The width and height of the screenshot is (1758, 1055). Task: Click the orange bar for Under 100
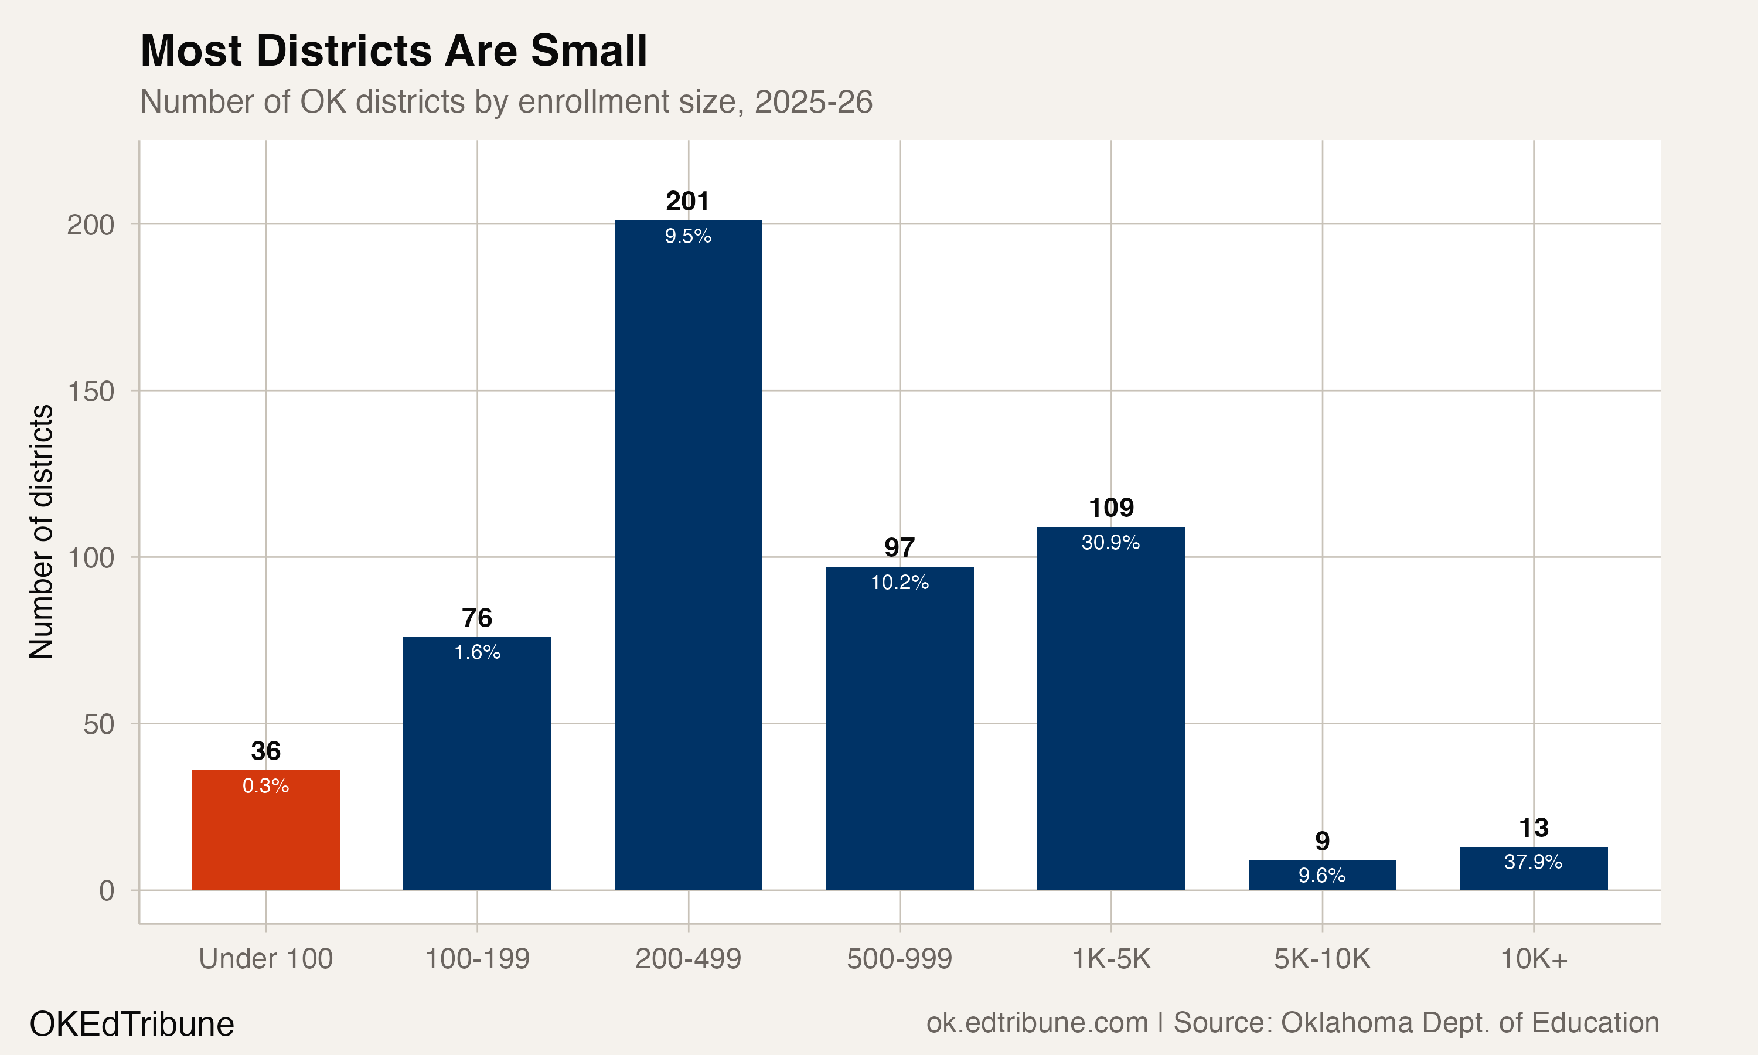(266, 839)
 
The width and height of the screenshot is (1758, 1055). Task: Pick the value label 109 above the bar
(1112, 508)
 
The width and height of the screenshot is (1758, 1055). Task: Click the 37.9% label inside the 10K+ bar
(1533, 862)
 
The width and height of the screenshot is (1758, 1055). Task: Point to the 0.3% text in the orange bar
(266, 785)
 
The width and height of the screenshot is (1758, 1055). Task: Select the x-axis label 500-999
(899, 959)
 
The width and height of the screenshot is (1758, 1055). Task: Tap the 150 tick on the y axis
(90, 391)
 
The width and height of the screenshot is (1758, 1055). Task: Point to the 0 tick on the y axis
(107, 890)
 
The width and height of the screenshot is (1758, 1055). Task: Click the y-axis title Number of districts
(41, 532)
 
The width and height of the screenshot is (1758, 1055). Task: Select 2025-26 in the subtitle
(813, 101)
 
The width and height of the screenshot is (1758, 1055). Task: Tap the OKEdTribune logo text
(131, 1025)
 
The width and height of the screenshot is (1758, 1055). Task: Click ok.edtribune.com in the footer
(1037, 1022)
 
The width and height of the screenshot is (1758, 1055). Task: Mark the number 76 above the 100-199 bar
(477, 618)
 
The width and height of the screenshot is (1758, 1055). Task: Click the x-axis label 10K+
(1534, 959)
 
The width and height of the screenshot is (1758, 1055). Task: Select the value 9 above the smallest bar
(1321, 841)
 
